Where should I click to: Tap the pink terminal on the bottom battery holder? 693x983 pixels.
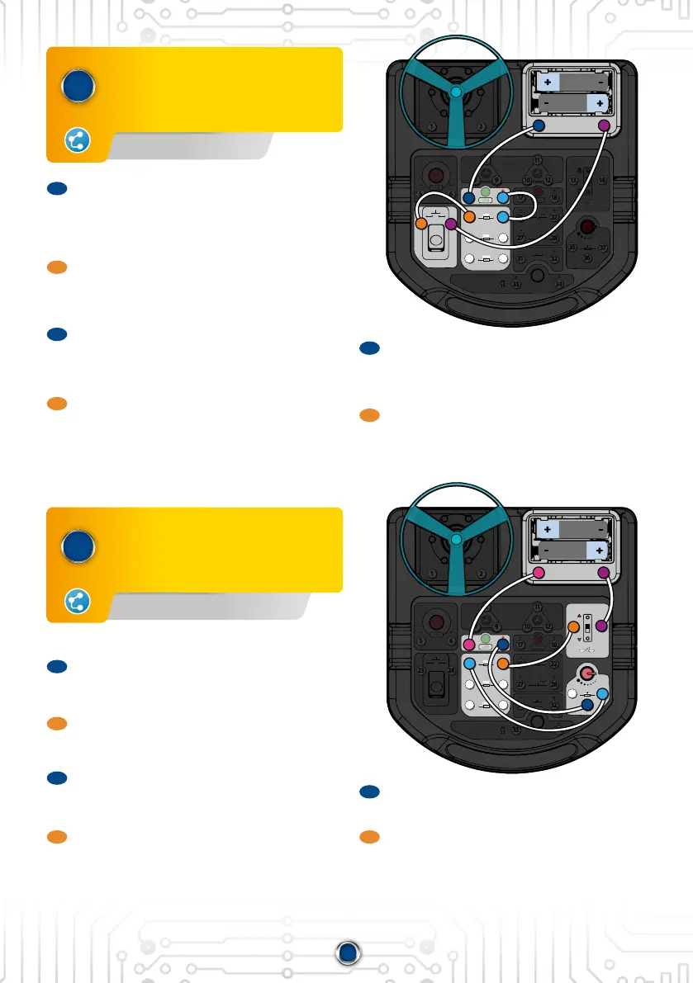pyautogui.click(x=539, y=572)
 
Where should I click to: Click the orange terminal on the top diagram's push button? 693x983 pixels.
pyautogui.click(x=420, y=224)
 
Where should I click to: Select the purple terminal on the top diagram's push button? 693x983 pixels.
pyautogui.click(x=450, y=224)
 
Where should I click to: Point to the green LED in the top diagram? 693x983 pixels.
pyautogui.click(x=486, y=192)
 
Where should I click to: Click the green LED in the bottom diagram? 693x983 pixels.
pyautogui.click(x=486, y=639)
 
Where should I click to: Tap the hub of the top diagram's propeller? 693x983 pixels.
pyautogui.click(x=456, y=93)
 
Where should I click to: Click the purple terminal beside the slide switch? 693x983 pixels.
pyautogui.click(x=602, y=627)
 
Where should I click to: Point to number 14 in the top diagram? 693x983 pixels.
pyautogui.click(x=602, y=180)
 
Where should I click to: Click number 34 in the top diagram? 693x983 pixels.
pyautogui.click(x=559, y=284)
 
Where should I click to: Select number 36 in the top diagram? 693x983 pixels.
pyautogui.click(x=587, y=258)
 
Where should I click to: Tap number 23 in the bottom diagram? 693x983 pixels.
pyautogui.click(x=421, y=671)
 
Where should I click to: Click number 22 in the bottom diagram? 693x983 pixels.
pyautogui.click(x=554, y=664)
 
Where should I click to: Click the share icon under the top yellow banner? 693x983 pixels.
pyautogui.click(x=77, y=141)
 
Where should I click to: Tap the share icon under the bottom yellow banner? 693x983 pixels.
pyautogui.click(x=77, y=603)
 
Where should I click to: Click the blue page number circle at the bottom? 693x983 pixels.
pyautogui.click(x=347, y=953)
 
